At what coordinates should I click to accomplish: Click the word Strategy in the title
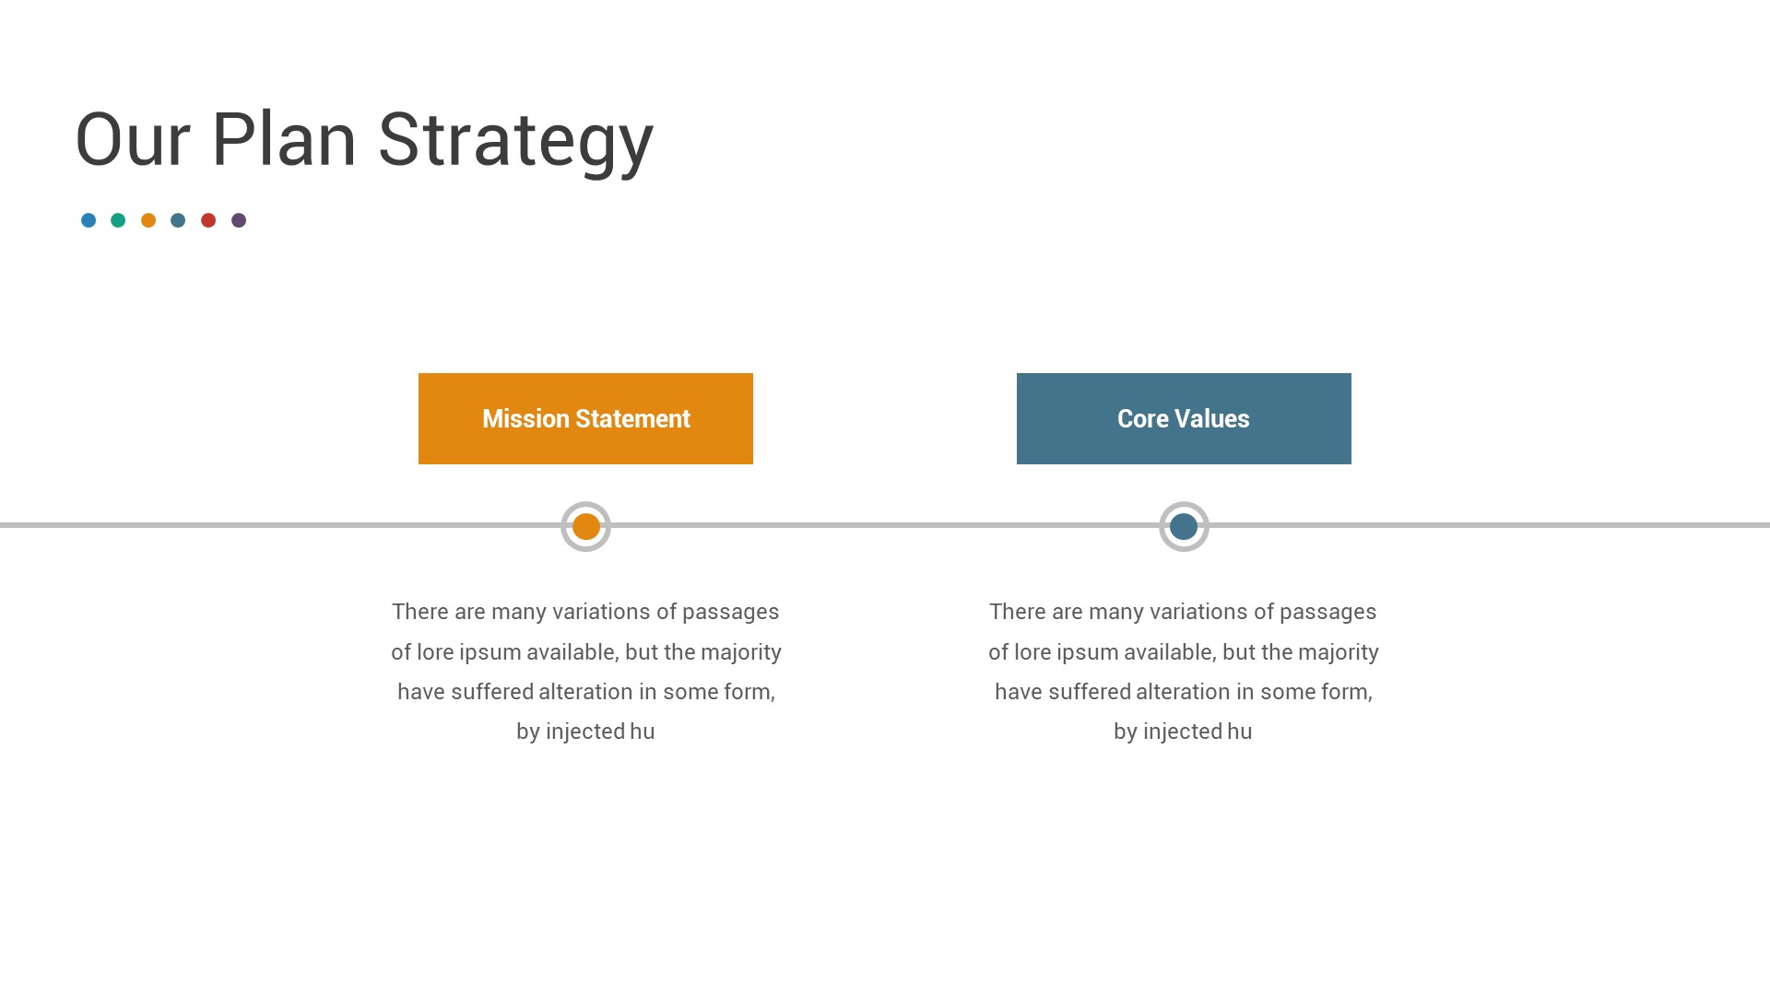(x=515, y=140)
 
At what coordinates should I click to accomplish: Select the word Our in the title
(x=133, y=140)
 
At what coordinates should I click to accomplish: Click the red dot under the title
(x=208, y=220)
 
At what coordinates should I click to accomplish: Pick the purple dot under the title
(x=239, y=220)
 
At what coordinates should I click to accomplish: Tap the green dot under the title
(x=118, y=220)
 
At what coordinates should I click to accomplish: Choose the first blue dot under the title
(x=88, y=220)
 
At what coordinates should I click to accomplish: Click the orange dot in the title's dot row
(x=148, y=220)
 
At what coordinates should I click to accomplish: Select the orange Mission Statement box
(x=585, y=418)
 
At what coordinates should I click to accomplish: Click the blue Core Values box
(x=1184, y=418)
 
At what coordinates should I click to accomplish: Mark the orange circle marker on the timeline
(x=586, y=527)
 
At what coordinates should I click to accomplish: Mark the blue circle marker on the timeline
(x=1184, y=527)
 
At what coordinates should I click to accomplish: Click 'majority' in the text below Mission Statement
(x=741, y=653)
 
